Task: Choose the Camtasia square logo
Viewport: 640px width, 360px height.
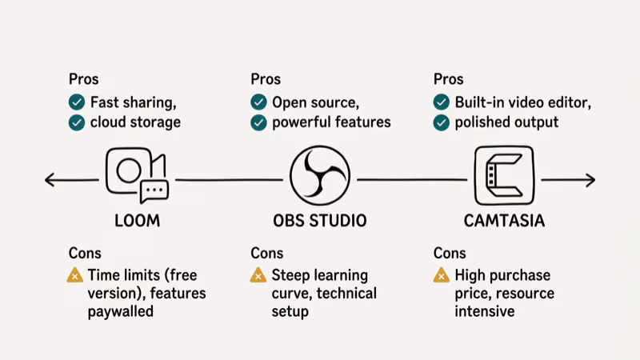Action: [x=503, y=174]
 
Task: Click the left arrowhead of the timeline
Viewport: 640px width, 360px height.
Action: [x=49, y=181]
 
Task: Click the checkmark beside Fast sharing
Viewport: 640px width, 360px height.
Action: [x=77, y=102]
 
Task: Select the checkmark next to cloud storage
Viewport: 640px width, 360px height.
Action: [x=77, y=122]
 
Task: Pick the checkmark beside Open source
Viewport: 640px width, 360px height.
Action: [x=258, y=102]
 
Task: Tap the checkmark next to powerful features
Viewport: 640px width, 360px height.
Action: [x=258, y=122]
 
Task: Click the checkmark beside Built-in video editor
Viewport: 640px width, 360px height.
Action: [x=442, y=102]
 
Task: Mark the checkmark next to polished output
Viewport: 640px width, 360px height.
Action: [x=442, y=122]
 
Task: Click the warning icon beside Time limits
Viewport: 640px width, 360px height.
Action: [x=75, y=276]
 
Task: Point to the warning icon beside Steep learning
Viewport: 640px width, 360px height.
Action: [x=258, y=276]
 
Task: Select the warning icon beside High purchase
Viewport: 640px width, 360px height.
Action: [x=442, y=276]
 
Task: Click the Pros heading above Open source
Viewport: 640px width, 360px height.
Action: [x=266, y=79]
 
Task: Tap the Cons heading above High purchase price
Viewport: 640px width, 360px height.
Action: [x=450, y=254]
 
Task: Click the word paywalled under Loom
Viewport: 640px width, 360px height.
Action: [x=121, y=312]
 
